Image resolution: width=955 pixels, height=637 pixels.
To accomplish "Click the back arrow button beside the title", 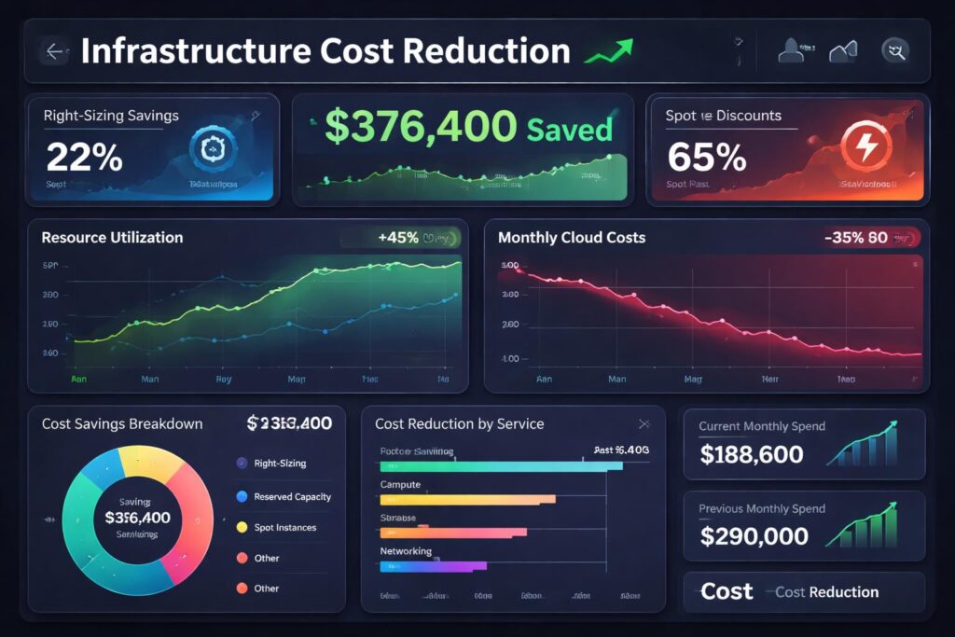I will tap(55, 51).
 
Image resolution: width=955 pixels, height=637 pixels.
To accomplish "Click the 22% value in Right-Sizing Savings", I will tap(84, 158).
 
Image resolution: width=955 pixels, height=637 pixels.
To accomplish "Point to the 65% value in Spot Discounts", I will tap(707, 158).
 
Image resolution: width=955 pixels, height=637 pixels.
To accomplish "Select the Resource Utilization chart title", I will tap(112, 238).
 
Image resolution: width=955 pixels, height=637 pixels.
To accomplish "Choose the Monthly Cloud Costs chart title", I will tap(571, 238).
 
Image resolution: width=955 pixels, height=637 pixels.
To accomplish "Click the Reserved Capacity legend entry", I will tap(292, 497).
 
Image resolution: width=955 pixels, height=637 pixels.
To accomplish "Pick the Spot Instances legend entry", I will tap(284, 528).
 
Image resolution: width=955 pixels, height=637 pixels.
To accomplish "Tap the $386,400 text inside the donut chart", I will tap(137, 518).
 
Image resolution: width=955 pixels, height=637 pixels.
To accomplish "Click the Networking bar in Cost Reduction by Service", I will tap(433, 565).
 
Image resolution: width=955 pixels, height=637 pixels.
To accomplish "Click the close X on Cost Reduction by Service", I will tap(643, 423).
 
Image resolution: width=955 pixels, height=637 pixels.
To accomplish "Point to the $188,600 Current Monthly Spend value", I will tap(751, 454).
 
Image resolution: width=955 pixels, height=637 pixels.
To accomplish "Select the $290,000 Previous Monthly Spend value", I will tap(754, 536).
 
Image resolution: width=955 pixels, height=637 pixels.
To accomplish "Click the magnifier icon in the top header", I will tap(895, 51).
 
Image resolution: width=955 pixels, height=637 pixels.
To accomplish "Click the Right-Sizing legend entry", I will tap(279, 464).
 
